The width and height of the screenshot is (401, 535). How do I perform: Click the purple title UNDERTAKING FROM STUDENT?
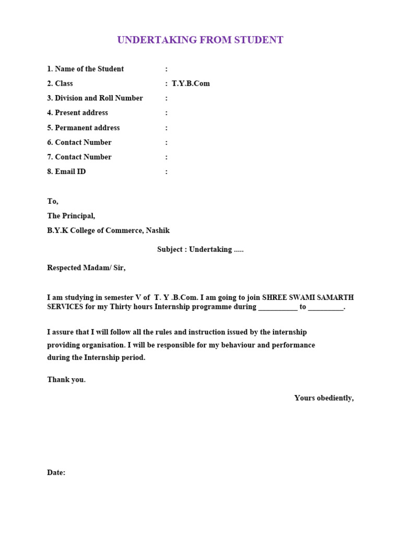click(200, 40)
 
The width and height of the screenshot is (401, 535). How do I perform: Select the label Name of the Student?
click(89, 69)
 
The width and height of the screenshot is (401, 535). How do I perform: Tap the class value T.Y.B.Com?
click(191, 84)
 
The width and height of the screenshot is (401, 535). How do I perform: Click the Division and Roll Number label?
click(99, 98)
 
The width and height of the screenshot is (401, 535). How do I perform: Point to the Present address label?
click(81, 113)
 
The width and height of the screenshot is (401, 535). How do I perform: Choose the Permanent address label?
click(87, 128)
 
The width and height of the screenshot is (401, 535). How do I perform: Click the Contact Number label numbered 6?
click(83, 143)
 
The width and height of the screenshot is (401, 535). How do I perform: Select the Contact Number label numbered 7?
click(83, 157)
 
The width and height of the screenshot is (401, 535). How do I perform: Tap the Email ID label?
click(70, 172)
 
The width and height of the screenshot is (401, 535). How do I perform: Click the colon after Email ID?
click(167, 172)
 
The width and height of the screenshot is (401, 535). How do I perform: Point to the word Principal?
click(78, 216)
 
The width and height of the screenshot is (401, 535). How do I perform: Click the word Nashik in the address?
click(158, 230)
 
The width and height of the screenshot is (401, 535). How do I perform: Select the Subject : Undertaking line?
click(200, 250)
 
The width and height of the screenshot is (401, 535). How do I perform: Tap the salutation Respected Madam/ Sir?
click(87, 268)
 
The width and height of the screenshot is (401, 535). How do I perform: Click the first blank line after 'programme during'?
click(278, 308)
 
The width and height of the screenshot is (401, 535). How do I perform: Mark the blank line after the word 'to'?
click(326, 308)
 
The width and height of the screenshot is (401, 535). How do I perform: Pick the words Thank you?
click(66, 380)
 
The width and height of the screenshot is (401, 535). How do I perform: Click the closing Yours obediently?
click(324, 398)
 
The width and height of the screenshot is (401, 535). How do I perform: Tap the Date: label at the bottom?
click(56, 473)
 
